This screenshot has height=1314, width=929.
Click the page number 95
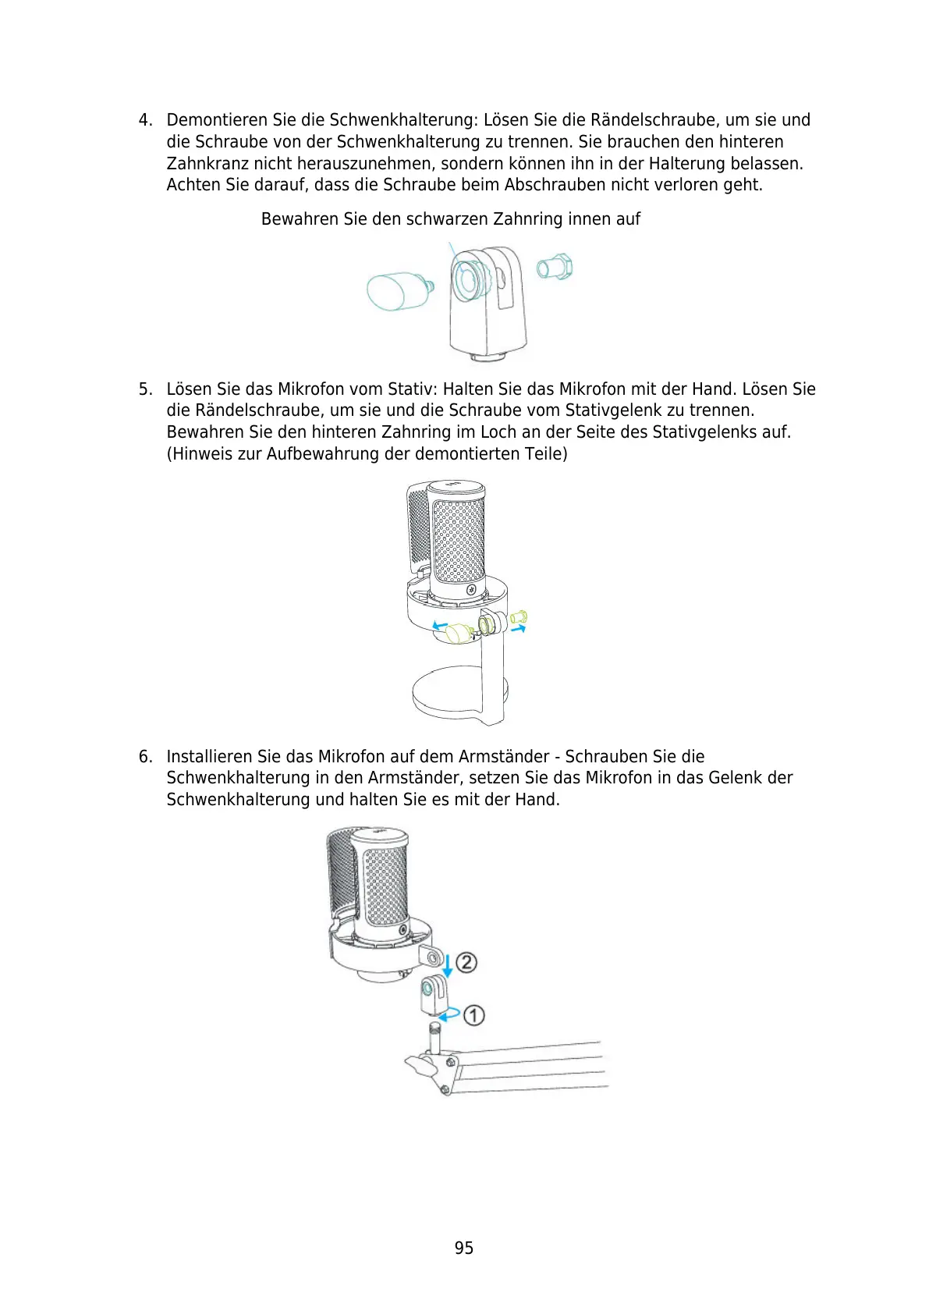463,1248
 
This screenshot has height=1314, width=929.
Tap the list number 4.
144,120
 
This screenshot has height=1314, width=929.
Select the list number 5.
144,389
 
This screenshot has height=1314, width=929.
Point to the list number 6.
144,756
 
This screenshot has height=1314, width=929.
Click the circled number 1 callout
474,1015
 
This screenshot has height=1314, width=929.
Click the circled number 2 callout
466,962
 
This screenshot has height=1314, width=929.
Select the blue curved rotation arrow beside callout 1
449,1014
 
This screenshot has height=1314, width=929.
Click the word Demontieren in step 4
217,120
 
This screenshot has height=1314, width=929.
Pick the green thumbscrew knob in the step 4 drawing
398,290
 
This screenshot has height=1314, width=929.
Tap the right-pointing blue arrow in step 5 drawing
519,627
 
